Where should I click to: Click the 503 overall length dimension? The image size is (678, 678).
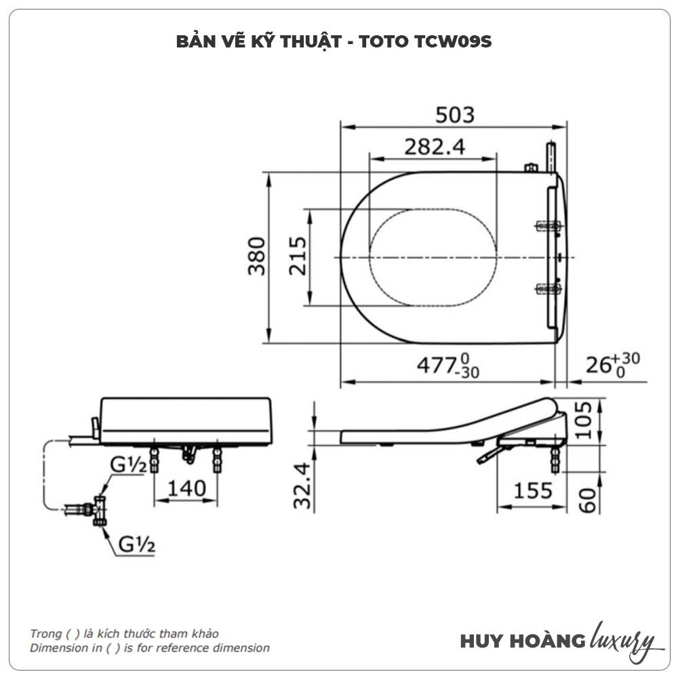click(x=454, y=115)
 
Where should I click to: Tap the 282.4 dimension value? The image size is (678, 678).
click(x=435, y=147)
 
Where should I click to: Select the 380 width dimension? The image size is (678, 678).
click(x=256, y=256)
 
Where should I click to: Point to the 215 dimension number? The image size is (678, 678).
click(x=298, y=256)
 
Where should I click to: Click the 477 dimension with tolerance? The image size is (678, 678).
click(x=447, y=366)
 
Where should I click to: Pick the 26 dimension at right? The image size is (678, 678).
click(x=613, y=364)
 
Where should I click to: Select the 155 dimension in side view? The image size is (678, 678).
click(x=532, y=491)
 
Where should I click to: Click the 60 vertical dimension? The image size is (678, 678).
click(x=587, y=500)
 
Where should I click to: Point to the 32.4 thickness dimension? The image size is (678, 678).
click(x=302, y=485)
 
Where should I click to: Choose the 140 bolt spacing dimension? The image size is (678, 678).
click(x=186, y=489)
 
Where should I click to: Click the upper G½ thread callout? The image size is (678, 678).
click(x=128, y=465)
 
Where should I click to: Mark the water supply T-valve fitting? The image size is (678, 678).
click(x=98, y=511)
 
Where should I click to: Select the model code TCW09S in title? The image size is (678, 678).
click(x=453, y=41)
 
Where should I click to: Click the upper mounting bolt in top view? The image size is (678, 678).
click(x=548, y=226)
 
